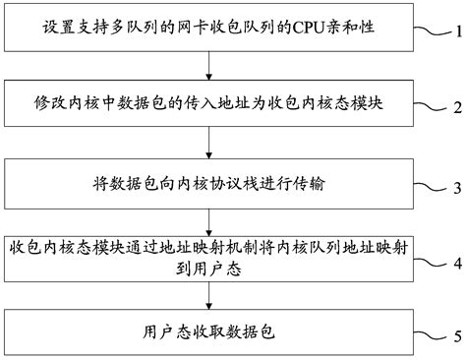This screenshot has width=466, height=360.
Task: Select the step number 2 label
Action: pyautogui.click(x=455, y=105)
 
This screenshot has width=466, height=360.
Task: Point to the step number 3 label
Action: pyautogui.click(x=455, y=187)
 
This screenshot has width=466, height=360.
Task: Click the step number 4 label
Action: pyautogui.click(x=455, y=264)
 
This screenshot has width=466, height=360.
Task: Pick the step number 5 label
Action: pyautogui.click(x=455, y=336)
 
